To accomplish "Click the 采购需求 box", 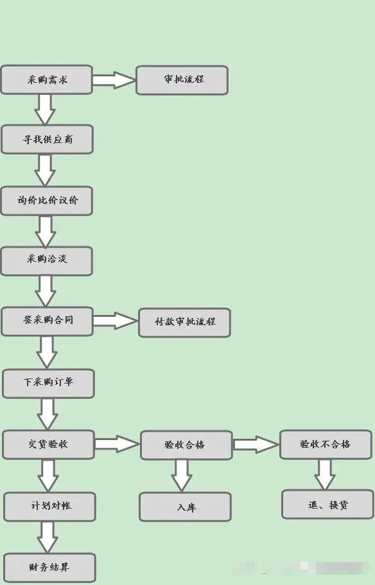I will point(46,80).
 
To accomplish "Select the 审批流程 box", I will point(182,80).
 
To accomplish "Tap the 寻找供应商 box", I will point(47,140).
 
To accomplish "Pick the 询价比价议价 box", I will point(47,200).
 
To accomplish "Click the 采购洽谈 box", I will point(46,260).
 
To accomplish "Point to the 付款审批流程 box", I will point(184,322).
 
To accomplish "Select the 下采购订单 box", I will point(48,383).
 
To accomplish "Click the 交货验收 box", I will point(48,444).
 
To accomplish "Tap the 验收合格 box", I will point(186,445).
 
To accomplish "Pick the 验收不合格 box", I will point(325,444).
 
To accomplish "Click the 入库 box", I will point(186,507).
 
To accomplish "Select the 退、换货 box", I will point(327,505).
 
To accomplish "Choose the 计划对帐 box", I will point(49,506).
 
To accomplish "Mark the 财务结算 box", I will point(49,568).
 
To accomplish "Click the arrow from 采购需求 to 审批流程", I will point(114,80).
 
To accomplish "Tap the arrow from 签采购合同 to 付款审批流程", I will point(116,321).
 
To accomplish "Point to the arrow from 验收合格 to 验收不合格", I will point(256,445).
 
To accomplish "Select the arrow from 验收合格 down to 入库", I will point(182,475).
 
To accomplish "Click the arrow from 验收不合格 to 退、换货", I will point(325,474).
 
